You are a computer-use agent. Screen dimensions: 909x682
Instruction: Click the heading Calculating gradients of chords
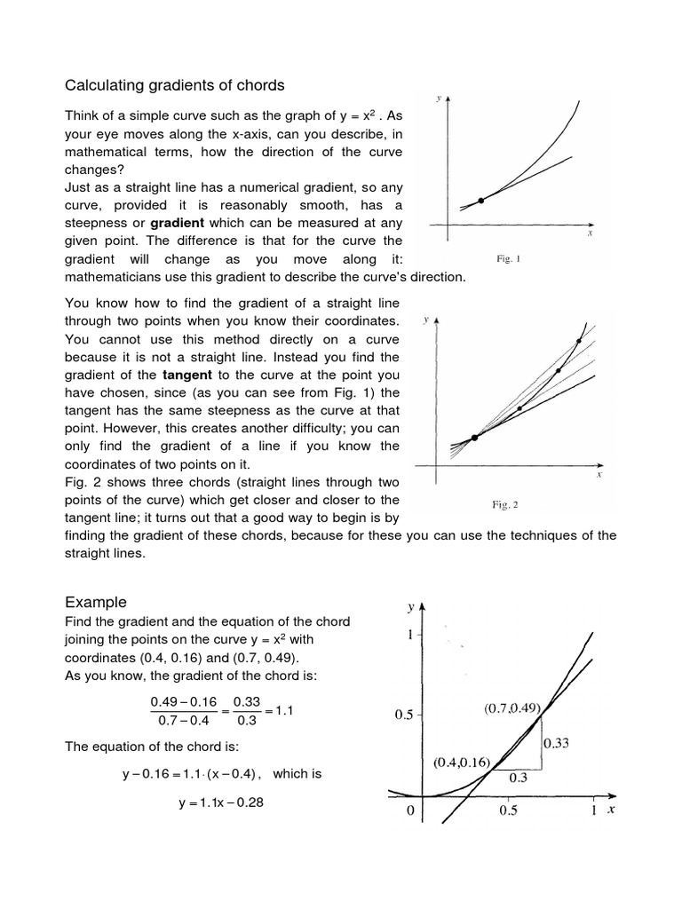pos(175,85)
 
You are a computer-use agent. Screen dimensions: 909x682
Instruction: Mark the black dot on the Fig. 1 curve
pos(481,201)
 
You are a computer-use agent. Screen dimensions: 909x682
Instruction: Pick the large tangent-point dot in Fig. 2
pos(474,438)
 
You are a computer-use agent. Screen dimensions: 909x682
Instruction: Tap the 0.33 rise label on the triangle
pos(558,744)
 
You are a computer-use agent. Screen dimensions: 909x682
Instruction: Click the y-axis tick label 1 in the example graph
pos(409,636)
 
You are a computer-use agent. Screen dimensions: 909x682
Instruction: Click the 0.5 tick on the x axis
pos(508,810)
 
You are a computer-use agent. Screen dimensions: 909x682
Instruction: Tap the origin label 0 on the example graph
pos(409,810)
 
